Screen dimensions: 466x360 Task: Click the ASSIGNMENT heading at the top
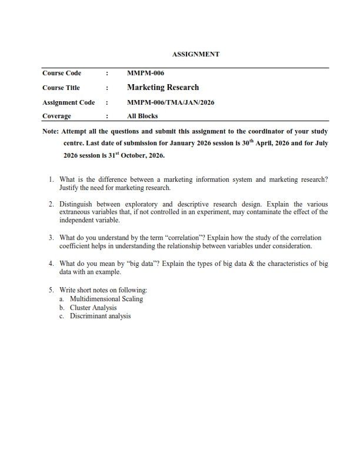195,54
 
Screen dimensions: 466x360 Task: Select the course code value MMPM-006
145,73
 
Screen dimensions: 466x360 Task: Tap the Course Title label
61,88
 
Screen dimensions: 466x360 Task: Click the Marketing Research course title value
163,88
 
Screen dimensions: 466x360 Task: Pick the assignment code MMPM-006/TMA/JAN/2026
171,102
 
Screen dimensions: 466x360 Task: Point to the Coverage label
56,116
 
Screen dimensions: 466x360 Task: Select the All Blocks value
142,116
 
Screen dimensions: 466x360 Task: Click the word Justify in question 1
69,188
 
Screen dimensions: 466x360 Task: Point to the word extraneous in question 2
74,212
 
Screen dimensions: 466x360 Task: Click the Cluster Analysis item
93,308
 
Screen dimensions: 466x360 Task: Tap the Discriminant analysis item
100,316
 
